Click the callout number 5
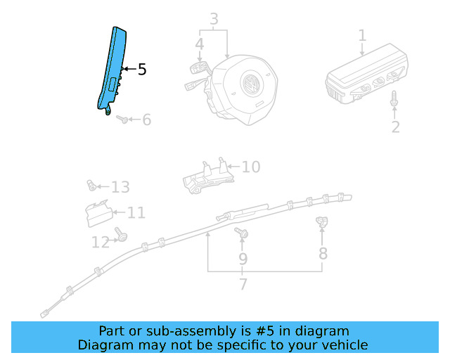(142, 70)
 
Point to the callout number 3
(214, 18)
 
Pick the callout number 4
(200, 44)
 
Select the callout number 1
(362, 35)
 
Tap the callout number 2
(395, 127)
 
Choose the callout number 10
(251, 167)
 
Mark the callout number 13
(120, 187)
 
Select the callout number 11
(136, 212)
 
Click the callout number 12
(101, 243)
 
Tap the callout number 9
(243, 259)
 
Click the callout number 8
(323, 253)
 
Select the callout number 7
(243, 285)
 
